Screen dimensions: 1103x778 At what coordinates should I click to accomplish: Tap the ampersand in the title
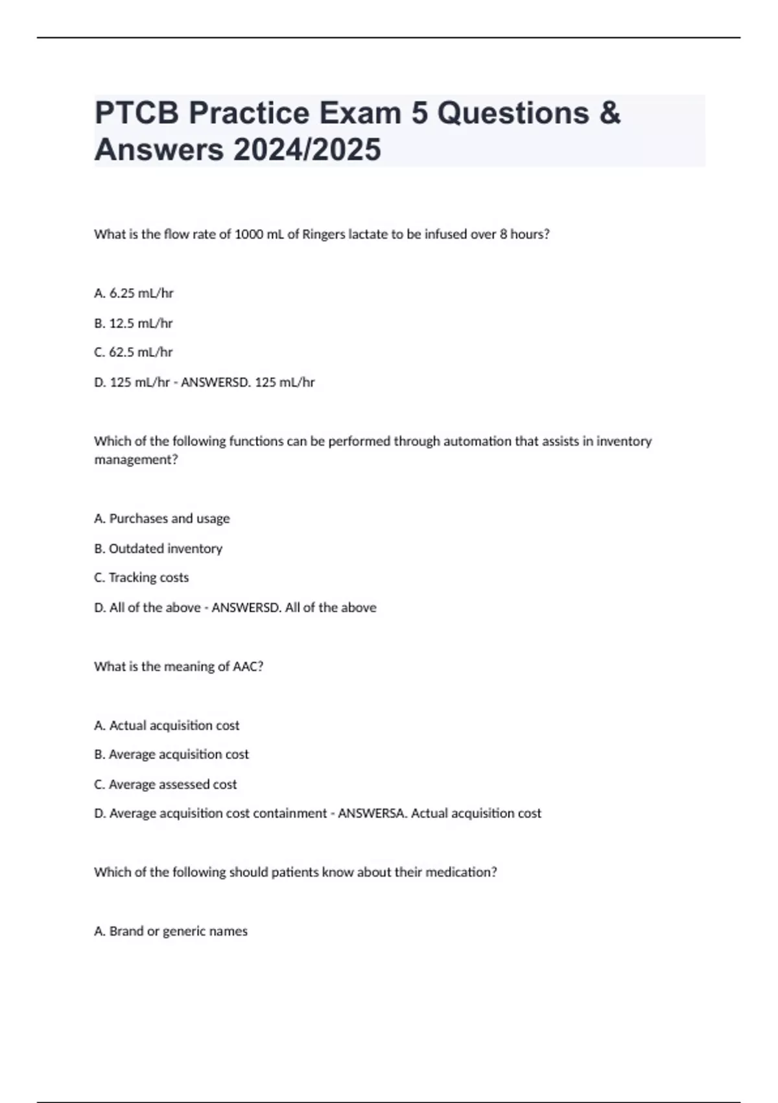click(x=610, y=114)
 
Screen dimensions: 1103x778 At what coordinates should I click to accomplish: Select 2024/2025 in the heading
click(x=307, y=150)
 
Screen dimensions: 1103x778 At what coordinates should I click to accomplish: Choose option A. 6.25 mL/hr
click(x=134, y=293)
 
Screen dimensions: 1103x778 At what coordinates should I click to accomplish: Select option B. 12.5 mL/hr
click(x=134, y=323)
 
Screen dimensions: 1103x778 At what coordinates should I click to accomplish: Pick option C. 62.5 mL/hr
click(x=134, y=352)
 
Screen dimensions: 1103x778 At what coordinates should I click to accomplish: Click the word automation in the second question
click(x=451, y=441)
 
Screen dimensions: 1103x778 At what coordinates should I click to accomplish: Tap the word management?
click(x=136, y=460)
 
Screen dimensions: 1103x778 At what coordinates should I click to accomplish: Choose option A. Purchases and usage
click(x=162, y=518)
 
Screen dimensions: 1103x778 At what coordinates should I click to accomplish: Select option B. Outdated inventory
click(x=158, y=549)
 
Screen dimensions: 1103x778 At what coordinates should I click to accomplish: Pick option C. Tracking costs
click(x=141, y=577)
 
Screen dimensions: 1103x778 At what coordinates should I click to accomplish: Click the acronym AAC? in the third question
click(x=248, y=666)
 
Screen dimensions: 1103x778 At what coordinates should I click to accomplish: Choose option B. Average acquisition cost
click(x=171, y=755)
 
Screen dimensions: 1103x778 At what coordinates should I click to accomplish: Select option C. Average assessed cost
click(x=165, y=784)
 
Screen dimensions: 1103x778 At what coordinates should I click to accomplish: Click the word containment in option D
click(x=290, y=814)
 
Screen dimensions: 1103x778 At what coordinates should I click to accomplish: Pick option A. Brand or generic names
click(x=171, y=931)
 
